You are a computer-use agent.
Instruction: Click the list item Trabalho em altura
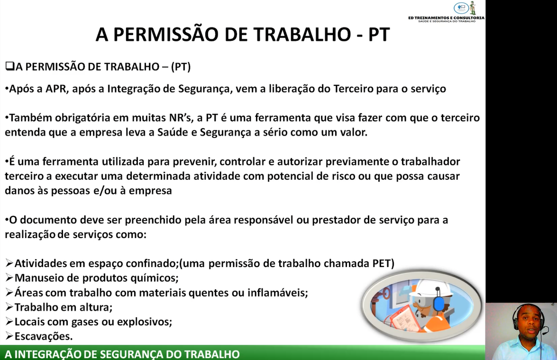pyautogui.click(x=63, y=307)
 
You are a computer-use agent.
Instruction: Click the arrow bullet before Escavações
pyautogui.click(x=9, y=336)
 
